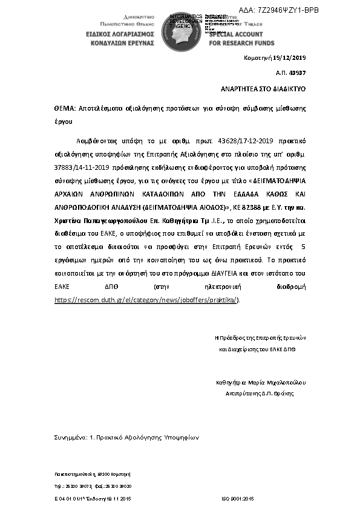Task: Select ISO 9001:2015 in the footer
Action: tap(239, 498)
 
